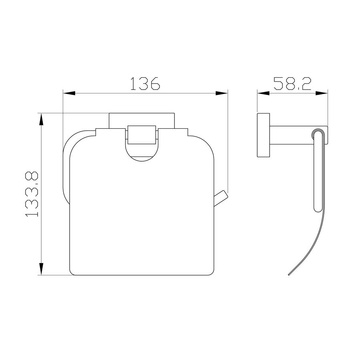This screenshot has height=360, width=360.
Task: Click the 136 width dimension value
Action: (x=145, y=83)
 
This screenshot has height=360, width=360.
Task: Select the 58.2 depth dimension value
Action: (x=292, y=83)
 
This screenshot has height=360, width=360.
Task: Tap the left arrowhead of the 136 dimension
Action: (x=69, y=93)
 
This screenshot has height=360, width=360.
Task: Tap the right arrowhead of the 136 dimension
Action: (x=222, y=93)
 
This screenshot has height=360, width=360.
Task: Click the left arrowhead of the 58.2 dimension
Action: (x=263, y=93)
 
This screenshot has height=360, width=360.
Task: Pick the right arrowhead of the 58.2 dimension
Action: (x=322, y=93)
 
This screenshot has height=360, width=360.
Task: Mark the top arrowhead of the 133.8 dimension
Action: (x=41, y=119)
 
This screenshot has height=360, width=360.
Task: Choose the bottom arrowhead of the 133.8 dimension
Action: (x=41, y=269)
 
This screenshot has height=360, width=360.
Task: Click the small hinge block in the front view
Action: (x=142, y=135)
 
